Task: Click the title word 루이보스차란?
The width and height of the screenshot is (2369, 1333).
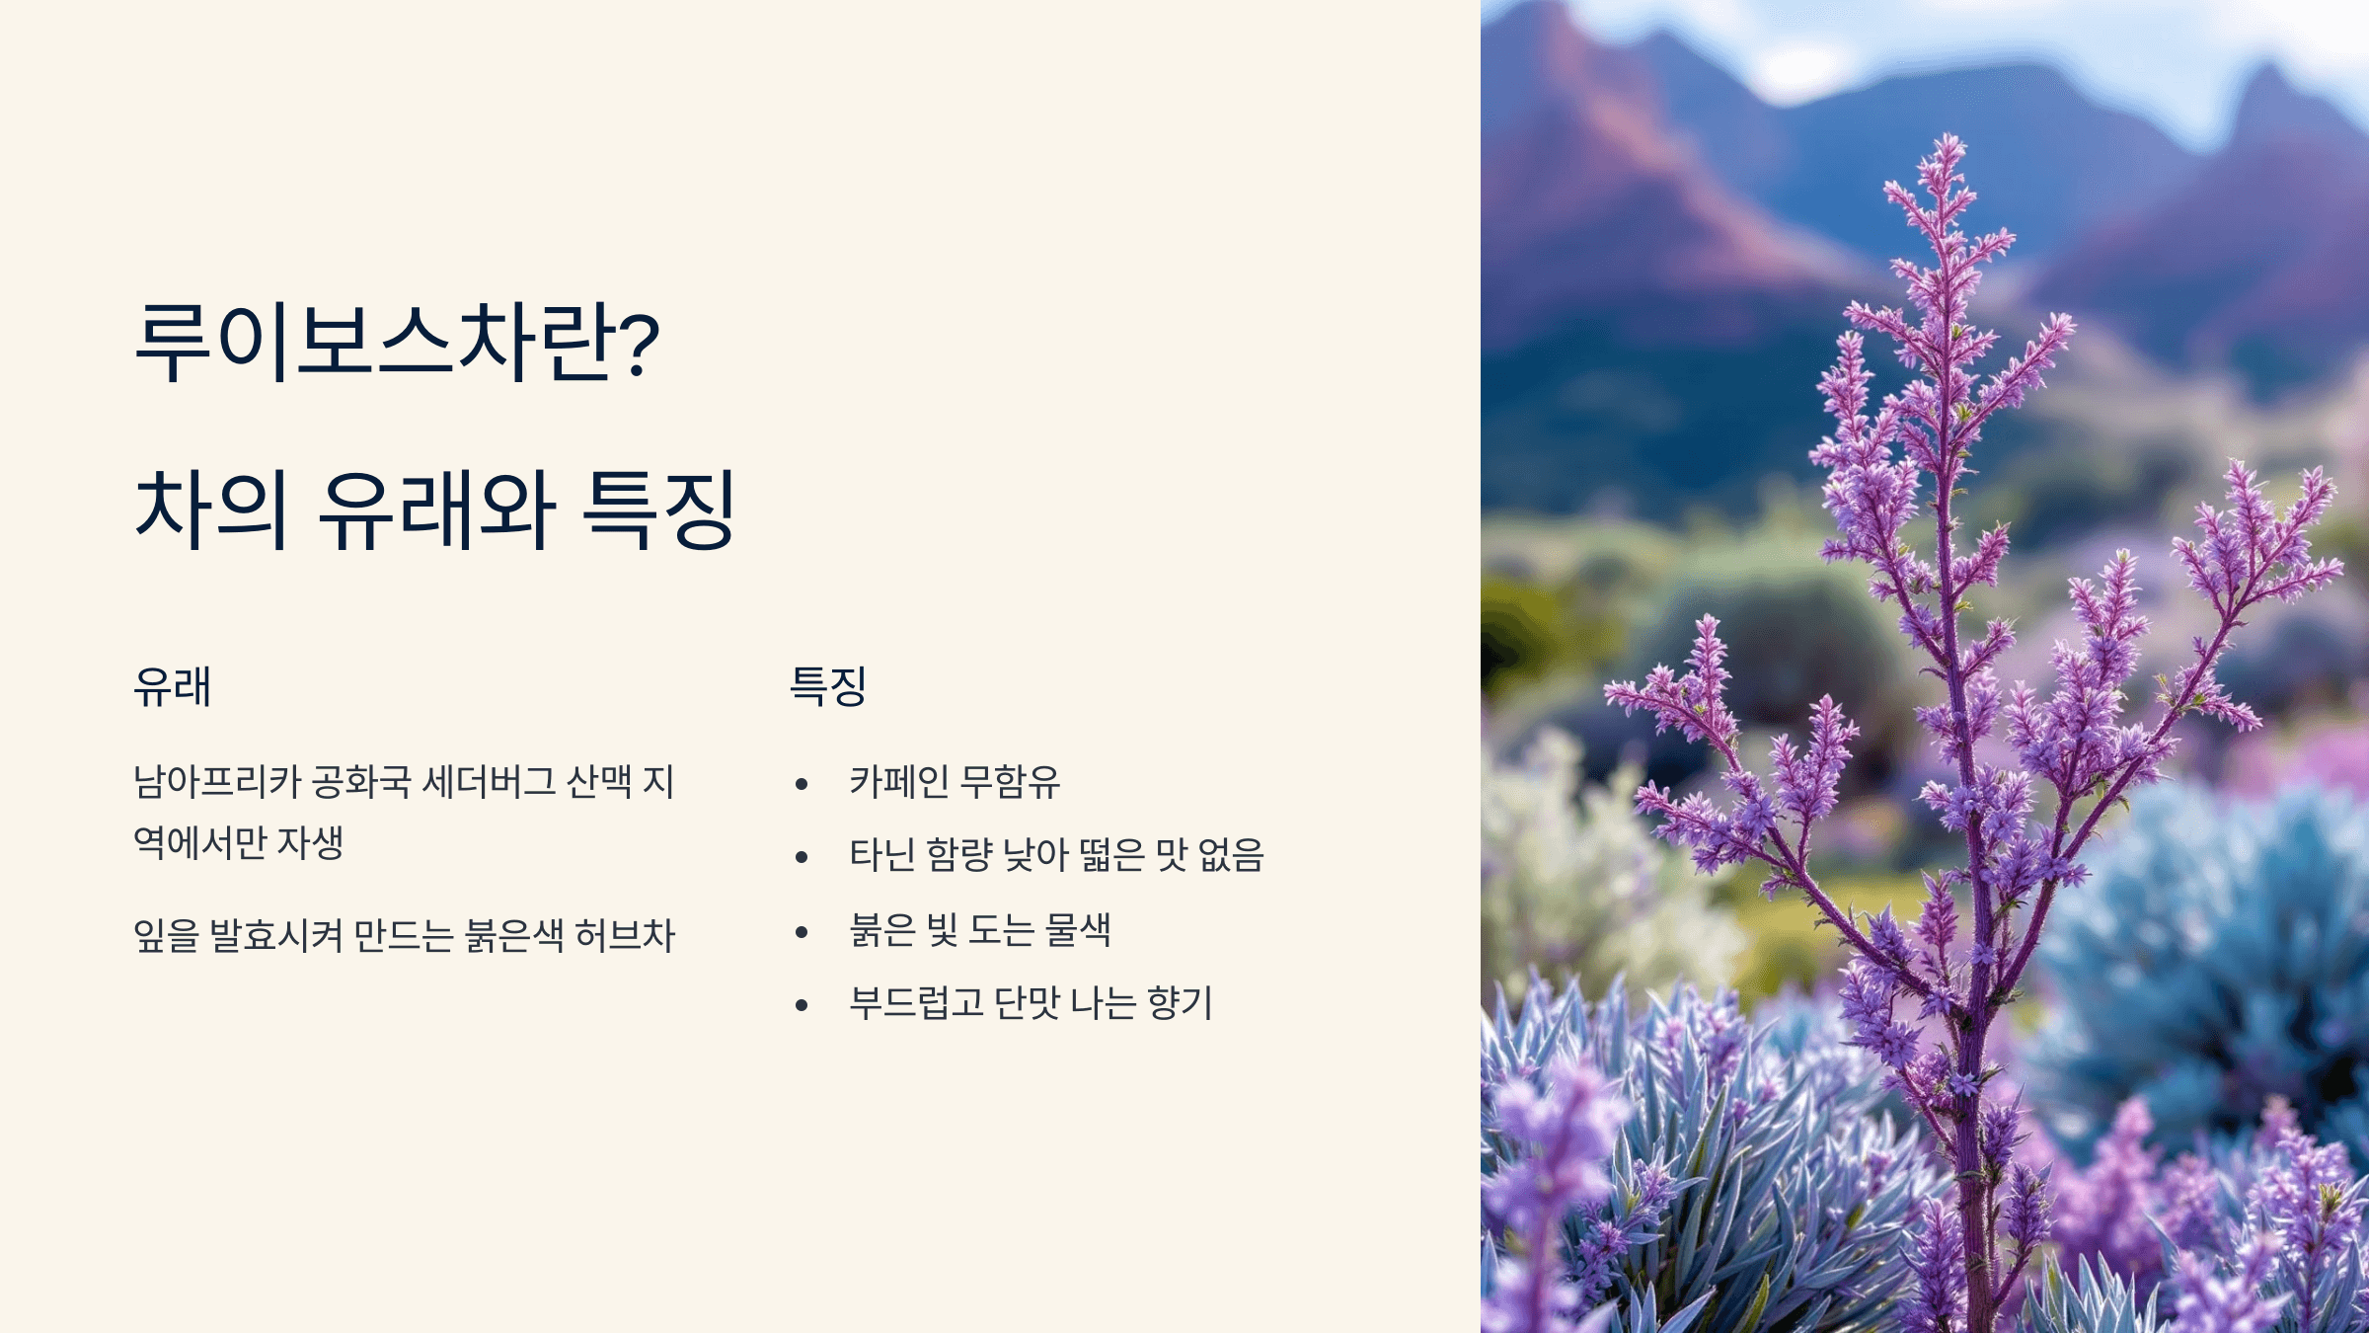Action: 397,342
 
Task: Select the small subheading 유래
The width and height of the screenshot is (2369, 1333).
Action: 173,686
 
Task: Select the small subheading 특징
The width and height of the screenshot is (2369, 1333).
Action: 828,686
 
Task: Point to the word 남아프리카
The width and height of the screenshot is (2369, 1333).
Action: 216,782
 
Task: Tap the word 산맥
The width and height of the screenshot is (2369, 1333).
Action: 599,782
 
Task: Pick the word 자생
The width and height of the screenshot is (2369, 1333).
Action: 310,842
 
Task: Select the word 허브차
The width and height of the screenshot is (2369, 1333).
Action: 625,935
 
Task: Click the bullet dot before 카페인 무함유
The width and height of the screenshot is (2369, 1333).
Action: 802,784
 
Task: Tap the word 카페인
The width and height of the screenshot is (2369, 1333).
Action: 899,782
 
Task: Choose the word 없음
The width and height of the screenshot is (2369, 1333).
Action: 1231,855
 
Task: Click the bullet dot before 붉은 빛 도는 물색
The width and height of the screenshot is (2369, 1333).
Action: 802,931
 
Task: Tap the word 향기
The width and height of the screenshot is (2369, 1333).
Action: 1180,1003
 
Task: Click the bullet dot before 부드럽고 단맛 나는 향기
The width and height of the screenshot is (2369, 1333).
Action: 802,1005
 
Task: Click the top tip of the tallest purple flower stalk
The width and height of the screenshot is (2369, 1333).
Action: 1950,138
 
